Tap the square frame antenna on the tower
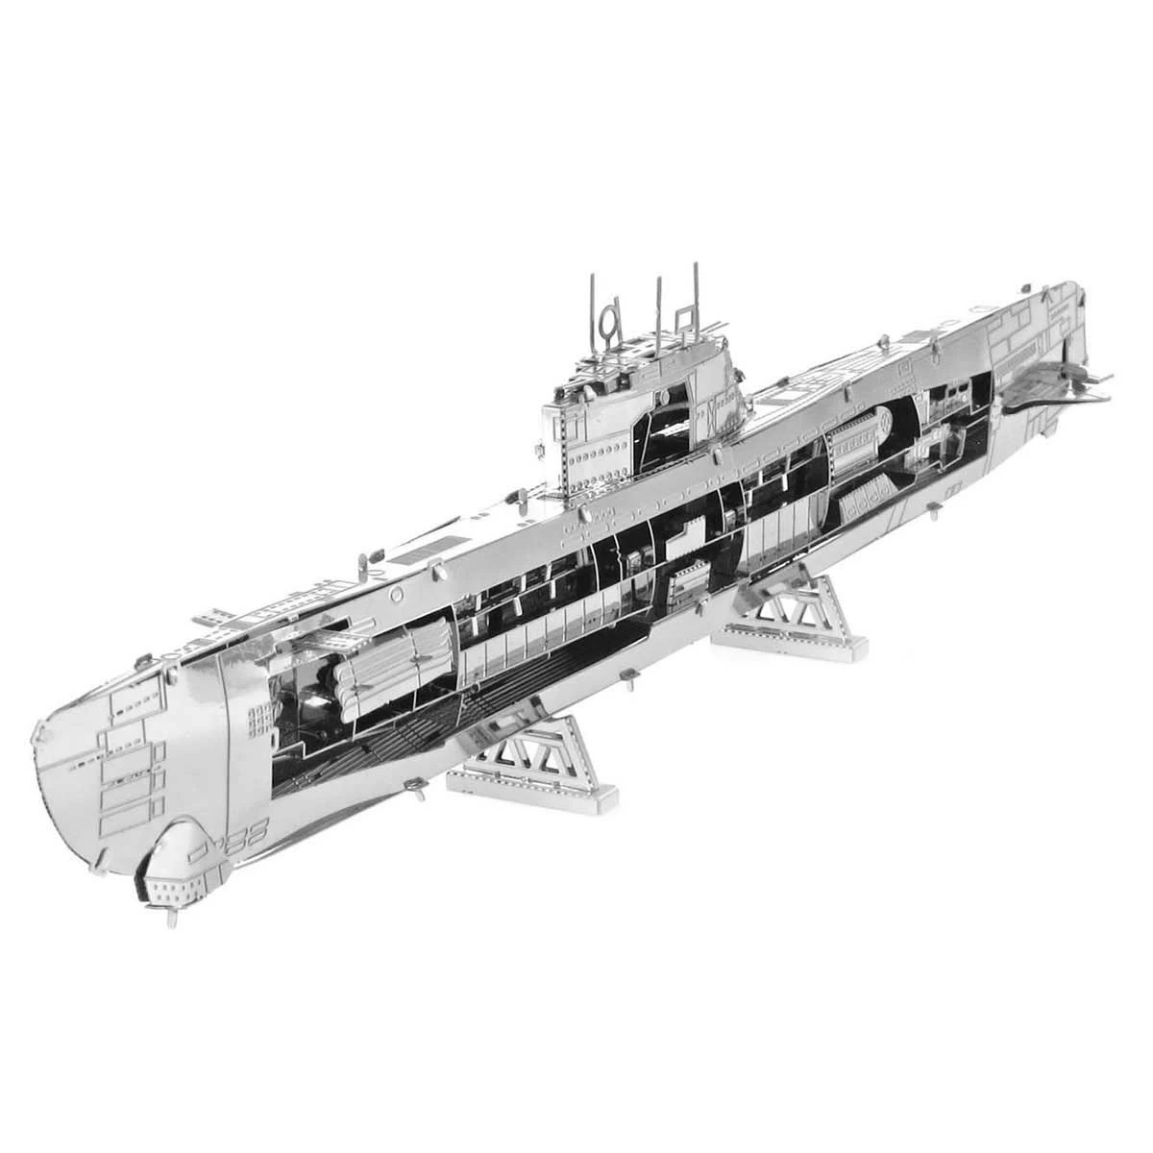tap(684, 317)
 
